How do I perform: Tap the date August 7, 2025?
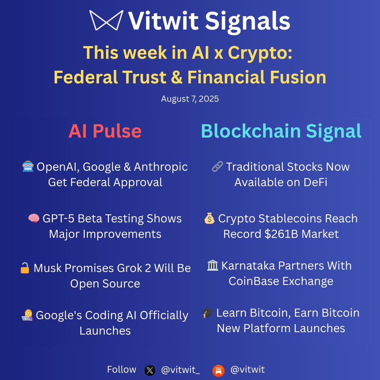[190, 99]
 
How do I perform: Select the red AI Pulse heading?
[105, 131]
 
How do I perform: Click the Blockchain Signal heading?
[281, 131]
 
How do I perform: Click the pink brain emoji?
[34, 218]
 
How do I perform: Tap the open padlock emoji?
[25, 268]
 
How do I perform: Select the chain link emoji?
[217, 167]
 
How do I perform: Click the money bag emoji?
[209, 218]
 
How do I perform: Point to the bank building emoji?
[213, 266]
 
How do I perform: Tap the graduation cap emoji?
[208, 313]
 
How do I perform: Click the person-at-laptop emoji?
[27, 316]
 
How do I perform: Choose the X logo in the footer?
[150, 370]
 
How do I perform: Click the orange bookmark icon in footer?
[218, 370]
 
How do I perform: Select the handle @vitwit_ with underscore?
[180, 370]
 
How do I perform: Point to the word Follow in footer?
[121, 369]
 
